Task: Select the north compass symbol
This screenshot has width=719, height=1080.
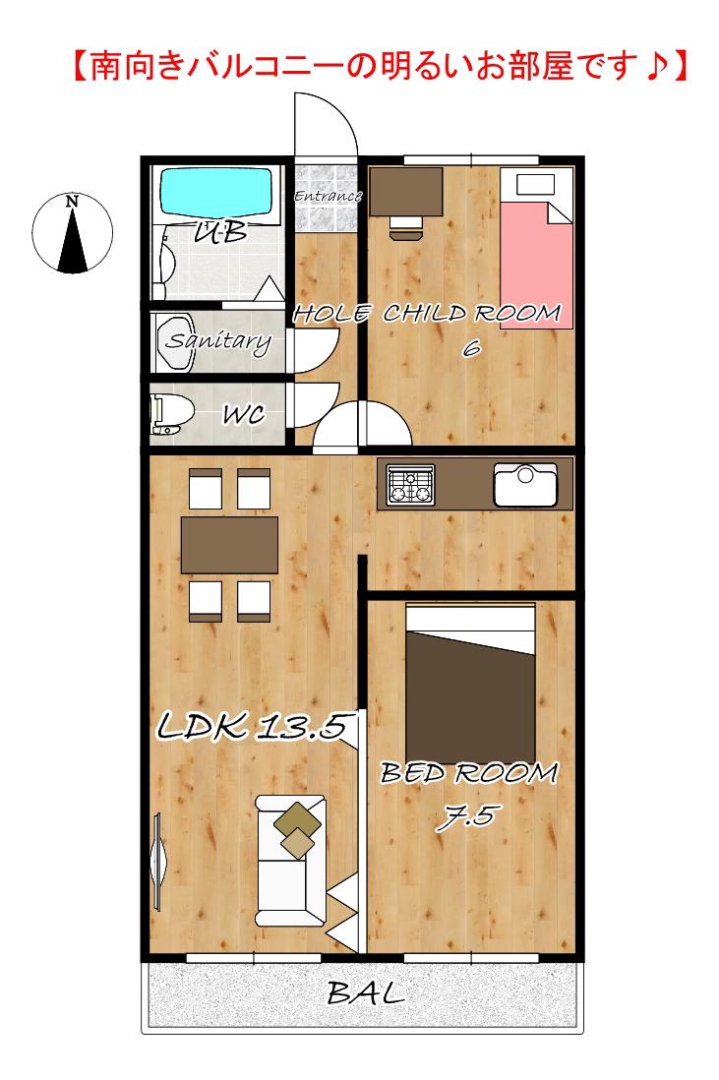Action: click(73, 233)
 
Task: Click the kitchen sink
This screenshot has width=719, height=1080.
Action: click(525, 484)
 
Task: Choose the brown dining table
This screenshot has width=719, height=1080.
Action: click(229, 545)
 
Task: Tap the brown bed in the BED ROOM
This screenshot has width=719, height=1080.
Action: click(470, 684)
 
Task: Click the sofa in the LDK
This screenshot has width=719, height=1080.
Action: click(290, 861)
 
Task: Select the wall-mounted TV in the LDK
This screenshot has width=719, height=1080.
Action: click(157, 861)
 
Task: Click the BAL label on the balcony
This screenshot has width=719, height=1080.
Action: click(366, 992)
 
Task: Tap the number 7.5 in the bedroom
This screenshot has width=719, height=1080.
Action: click(467, 817)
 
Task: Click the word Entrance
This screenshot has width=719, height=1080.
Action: click(328, 197)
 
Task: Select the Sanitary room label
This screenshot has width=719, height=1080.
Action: click(218, 341)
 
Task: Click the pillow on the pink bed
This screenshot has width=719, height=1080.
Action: click(535, 185)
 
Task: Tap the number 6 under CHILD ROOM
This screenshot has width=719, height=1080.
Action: click(471, 348)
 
